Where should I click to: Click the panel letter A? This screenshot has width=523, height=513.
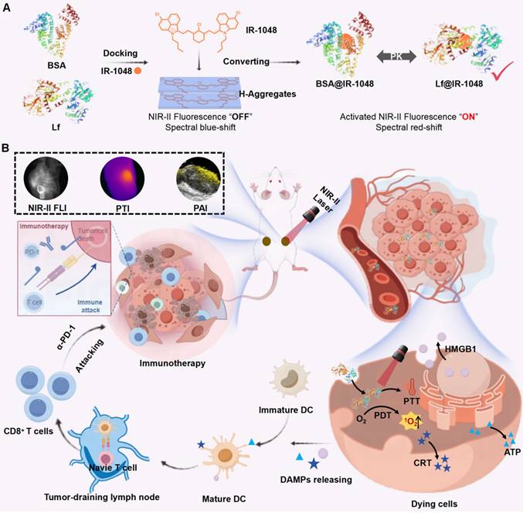coord(7,7)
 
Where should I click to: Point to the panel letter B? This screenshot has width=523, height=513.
coord(7,144)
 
